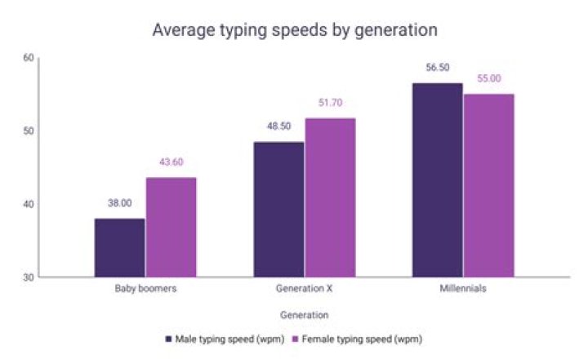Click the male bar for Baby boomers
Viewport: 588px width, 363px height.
119,248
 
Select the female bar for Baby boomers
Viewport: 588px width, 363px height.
171,228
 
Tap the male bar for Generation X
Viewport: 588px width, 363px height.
278,210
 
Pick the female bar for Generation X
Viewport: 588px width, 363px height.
330,197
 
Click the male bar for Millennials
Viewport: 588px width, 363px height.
437,180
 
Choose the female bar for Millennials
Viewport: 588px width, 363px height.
488,186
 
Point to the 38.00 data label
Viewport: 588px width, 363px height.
119,203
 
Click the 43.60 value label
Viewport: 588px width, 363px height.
171,162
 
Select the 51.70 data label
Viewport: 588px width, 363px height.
330,103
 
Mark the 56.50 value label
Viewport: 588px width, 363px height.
438,68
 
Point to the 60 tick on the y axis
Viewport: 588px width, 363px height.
29,58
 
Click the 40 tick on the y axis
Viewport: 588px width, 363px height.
29,204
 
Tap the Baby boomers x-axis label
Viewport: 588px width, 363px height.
145,290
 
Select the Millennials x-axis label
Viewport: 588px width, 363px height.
462,290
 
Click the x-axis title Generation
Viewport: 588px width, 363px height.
304,314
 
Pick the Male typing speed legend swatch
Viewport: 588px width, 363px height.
168,338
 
